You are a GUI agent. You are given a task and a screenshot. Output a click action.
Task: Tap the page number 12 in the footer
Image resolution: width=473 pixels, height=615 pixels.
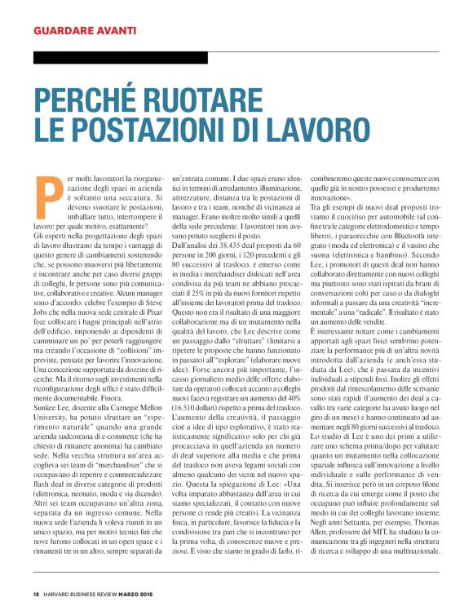(36, 593)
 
